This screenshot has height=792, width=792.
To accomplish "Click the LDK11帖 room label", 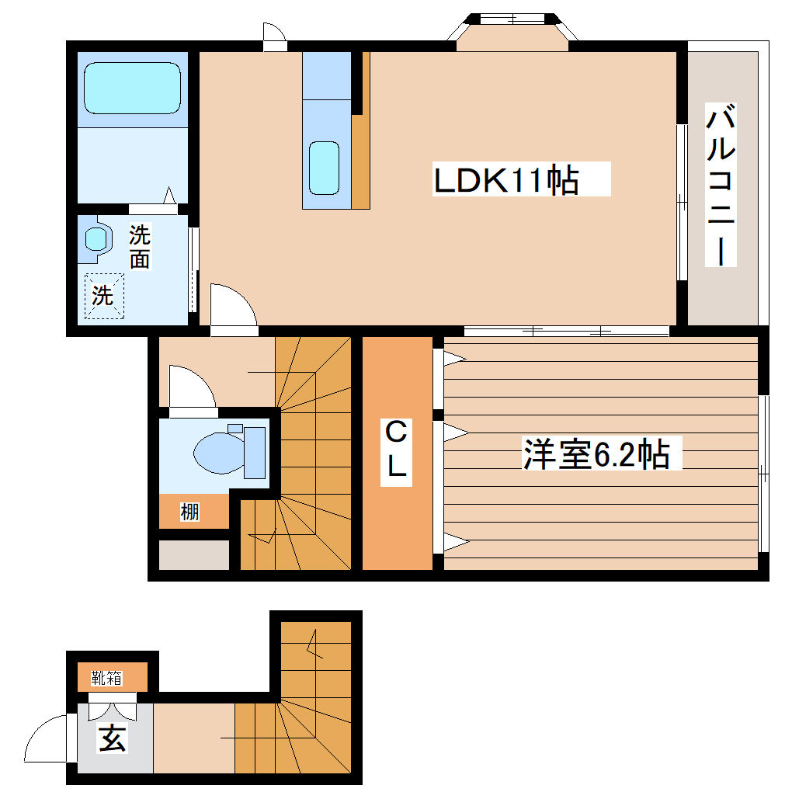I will click(505, 180).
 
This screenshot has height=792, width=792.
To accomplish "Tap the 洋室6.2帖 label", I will click(596, 454).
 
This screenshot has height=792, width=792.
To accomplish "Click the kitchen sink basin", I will click(324, 168).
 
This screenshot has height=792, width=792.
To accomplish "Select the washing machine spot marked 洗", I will click(103, 296).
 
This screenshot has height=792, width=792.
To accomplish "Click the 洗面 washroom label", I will click(140, 246).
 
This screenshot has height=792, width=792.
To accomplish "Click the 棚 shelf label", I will click(190, 512).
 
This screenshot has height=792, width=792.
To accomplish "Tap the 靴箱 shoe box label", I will click(107, 678).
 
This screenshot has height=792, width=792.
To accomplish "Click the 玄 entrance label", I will click(112, 739).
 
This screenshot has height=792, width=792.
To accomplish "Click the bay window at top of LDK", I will click(512, 31).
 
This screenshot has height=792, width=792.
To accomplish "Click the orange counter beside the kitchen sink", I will click(360, 162).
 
